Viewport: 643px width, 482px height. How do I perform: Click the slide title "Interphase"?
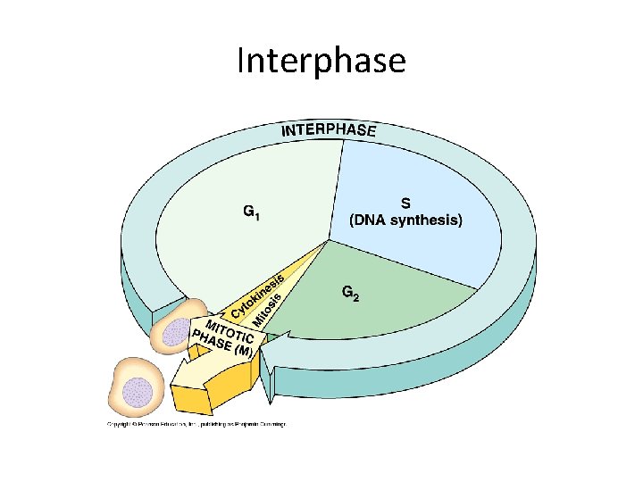[x=321, y=61]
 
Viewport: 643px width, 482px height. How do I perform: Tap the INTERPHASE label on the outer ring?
[x=330, y=130]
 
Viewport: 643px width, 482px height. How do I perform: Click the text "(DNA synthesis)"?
[x=405, y=220]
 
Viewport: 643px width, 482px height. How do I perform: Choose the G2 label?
[x=351, y=293]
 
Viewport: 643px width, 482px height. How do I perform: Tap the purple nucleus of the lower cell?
[x=137, y=389]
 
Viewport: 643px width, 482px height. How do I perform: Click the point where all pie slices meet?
[x=329, y=239]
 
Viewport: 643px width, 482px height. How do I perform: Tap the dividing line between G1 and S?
[x=336, y=187]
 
